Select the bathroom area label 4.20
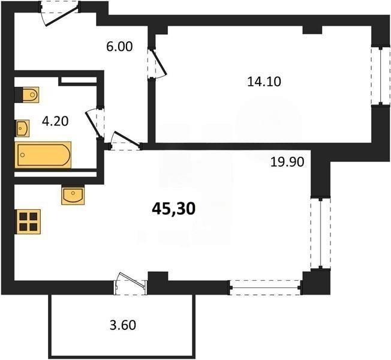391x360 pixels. [x=55, y=121]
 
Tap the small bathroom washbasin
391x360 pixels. [x=22, y=127]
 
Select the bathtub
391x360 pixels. [x=43, y=155]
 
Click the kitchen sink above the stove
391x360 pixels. [x=73, y=196]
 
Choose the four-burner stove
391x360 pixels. [x=28, y=221]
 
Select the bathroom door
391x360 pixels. [x=96, y=123]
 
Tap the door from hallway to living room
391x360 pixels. [x=125, y=141]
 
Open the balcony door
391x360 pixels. [x=131, y=282]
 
